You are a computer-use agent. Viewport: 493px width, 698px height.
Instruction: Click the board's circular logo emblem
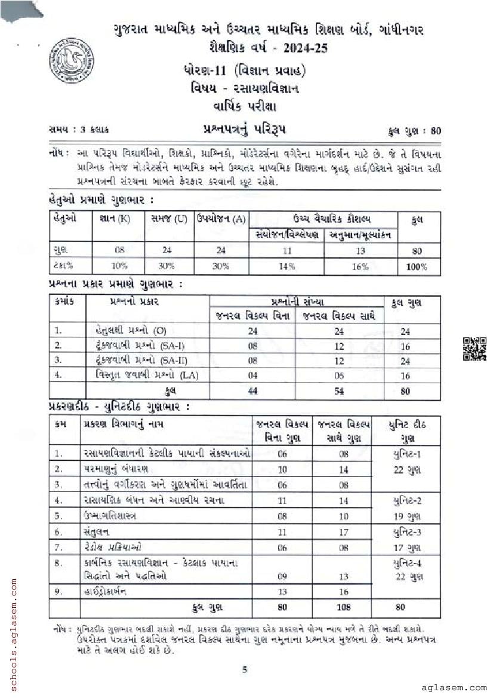click(71, 61)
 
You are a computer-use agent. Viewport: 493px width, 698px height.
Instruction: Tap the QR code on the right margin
click(474, 349)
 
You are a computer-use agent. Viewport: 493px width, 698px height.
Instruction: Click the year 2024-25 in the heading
click(303, 48)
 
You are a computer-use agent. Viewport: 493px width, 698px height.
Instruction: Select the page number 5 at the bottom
click(245, 670)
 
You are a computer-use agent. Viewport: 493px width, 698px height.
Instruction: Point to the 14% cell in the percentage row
click(287, 267)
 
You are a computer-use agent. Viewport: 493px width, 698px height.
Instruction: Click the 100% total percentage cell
click(416, 267)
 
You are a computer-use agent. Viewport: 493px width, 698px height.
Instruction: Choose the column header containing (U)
click(170, 219)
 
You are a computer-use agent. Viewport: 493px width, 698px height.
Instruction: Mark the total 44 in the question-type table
click(252, 390)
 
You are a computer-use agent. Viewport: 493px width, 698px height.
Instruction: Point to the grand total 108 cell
click(343, 608)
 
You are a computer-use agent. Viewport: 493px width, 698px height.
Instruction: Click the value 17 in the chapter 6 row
click(343, 531)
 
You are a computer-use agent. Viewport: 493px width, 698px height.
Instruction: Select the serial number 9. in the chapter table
click(58, 592)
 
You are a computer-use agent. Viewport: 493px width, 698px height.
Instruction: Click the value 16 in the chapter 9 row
click(343, 592)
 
